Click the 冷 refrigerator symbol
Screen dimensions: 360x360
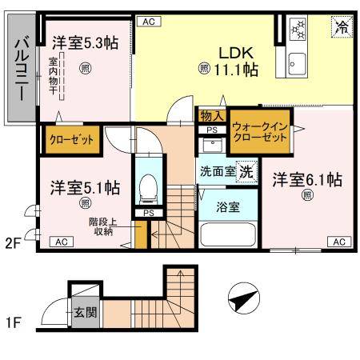coord(341,27)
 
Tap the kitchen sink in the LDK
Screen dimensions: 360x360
coord(302,62)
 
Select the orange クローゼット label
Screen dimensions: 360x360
coord(72,139)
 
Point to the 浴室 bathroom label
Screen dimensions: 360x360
coord(228,206)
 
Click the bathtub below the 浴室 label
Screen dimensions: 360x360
coord(227,236)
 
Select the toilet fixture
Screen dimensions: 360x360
coord(149,188)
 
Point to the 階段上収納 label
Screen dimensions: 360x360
coord(101,226)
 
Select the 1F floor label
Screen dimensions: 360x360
coord(13,324)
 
